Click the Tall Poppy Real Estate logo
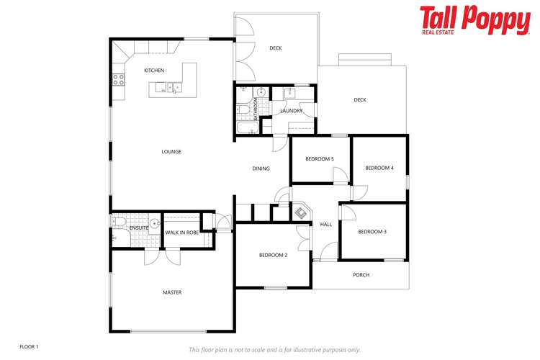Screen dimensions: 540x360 click(x=475, y=20)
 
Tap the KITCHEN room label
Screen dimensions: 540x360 click(x=154, y=71)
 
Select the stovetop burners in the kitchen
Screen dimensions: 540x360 click(x=119, y=80)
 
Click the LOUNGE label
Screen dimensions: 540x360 click(x=171, y=152)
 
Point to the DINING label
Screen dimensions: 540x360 click(x=261, y=168)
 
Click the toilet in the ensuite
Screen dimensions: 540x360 click(x=119, y=222)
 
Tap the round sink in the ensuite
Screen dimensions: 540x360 click(x=155, y=224)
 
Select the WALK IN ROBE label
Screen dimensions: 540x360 click(x=182, y=233)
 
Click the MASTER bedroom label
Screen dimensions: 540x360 click(x=172, y=292)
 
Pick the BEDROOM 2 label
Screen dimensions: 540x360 click(x=273, y=256)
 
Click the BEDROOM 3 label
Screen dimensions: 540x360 click(x=372, y=232)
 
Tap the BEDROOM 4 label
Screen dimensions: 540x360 click(x=379, y=168)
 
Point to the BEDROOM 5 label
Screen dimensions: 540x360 click(x=320, y=159)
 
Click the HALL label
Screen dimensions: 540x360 click(x=325, y=224)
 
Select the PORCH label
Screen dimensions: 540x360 click(x=361, y=275)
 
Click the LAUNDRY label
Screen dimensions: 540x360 click(x=292, y=111)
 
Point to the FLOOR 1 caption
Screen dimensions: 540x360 click(x=29, y=346)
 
